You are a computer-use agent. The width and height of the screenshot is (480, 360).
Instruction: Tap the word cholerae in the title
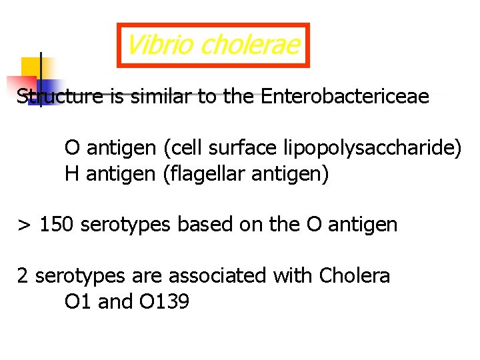(249, 45)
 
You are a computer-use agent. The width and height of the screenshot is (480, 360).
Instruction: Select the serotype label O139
(164, 301)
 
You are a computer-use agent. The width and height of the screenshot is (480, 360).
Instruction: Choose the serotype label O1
(78, 301)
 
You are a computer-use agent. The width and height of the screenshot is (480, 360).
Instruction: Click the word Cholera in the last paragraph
(355, 275)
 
